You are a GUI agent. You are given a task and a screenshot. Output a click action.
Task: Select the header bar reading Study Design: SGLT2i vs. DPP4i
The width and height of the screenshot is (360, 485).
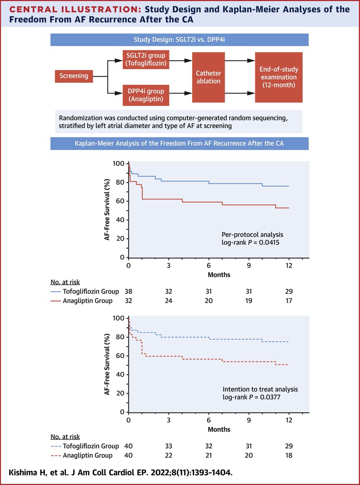tap(180, 40)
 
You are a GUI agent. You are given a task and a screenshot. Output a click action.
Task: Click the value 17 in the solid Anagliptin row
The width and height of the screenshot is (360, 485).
tap(288, 301)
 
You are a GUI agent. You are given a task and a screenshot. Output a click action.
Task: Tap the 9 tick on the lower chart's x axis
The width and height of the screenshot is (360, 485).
tap(248, 420)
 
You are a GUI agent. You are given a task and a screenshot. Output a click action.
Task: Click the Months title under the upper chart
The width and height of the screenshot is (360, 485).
tap(219, 274)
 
